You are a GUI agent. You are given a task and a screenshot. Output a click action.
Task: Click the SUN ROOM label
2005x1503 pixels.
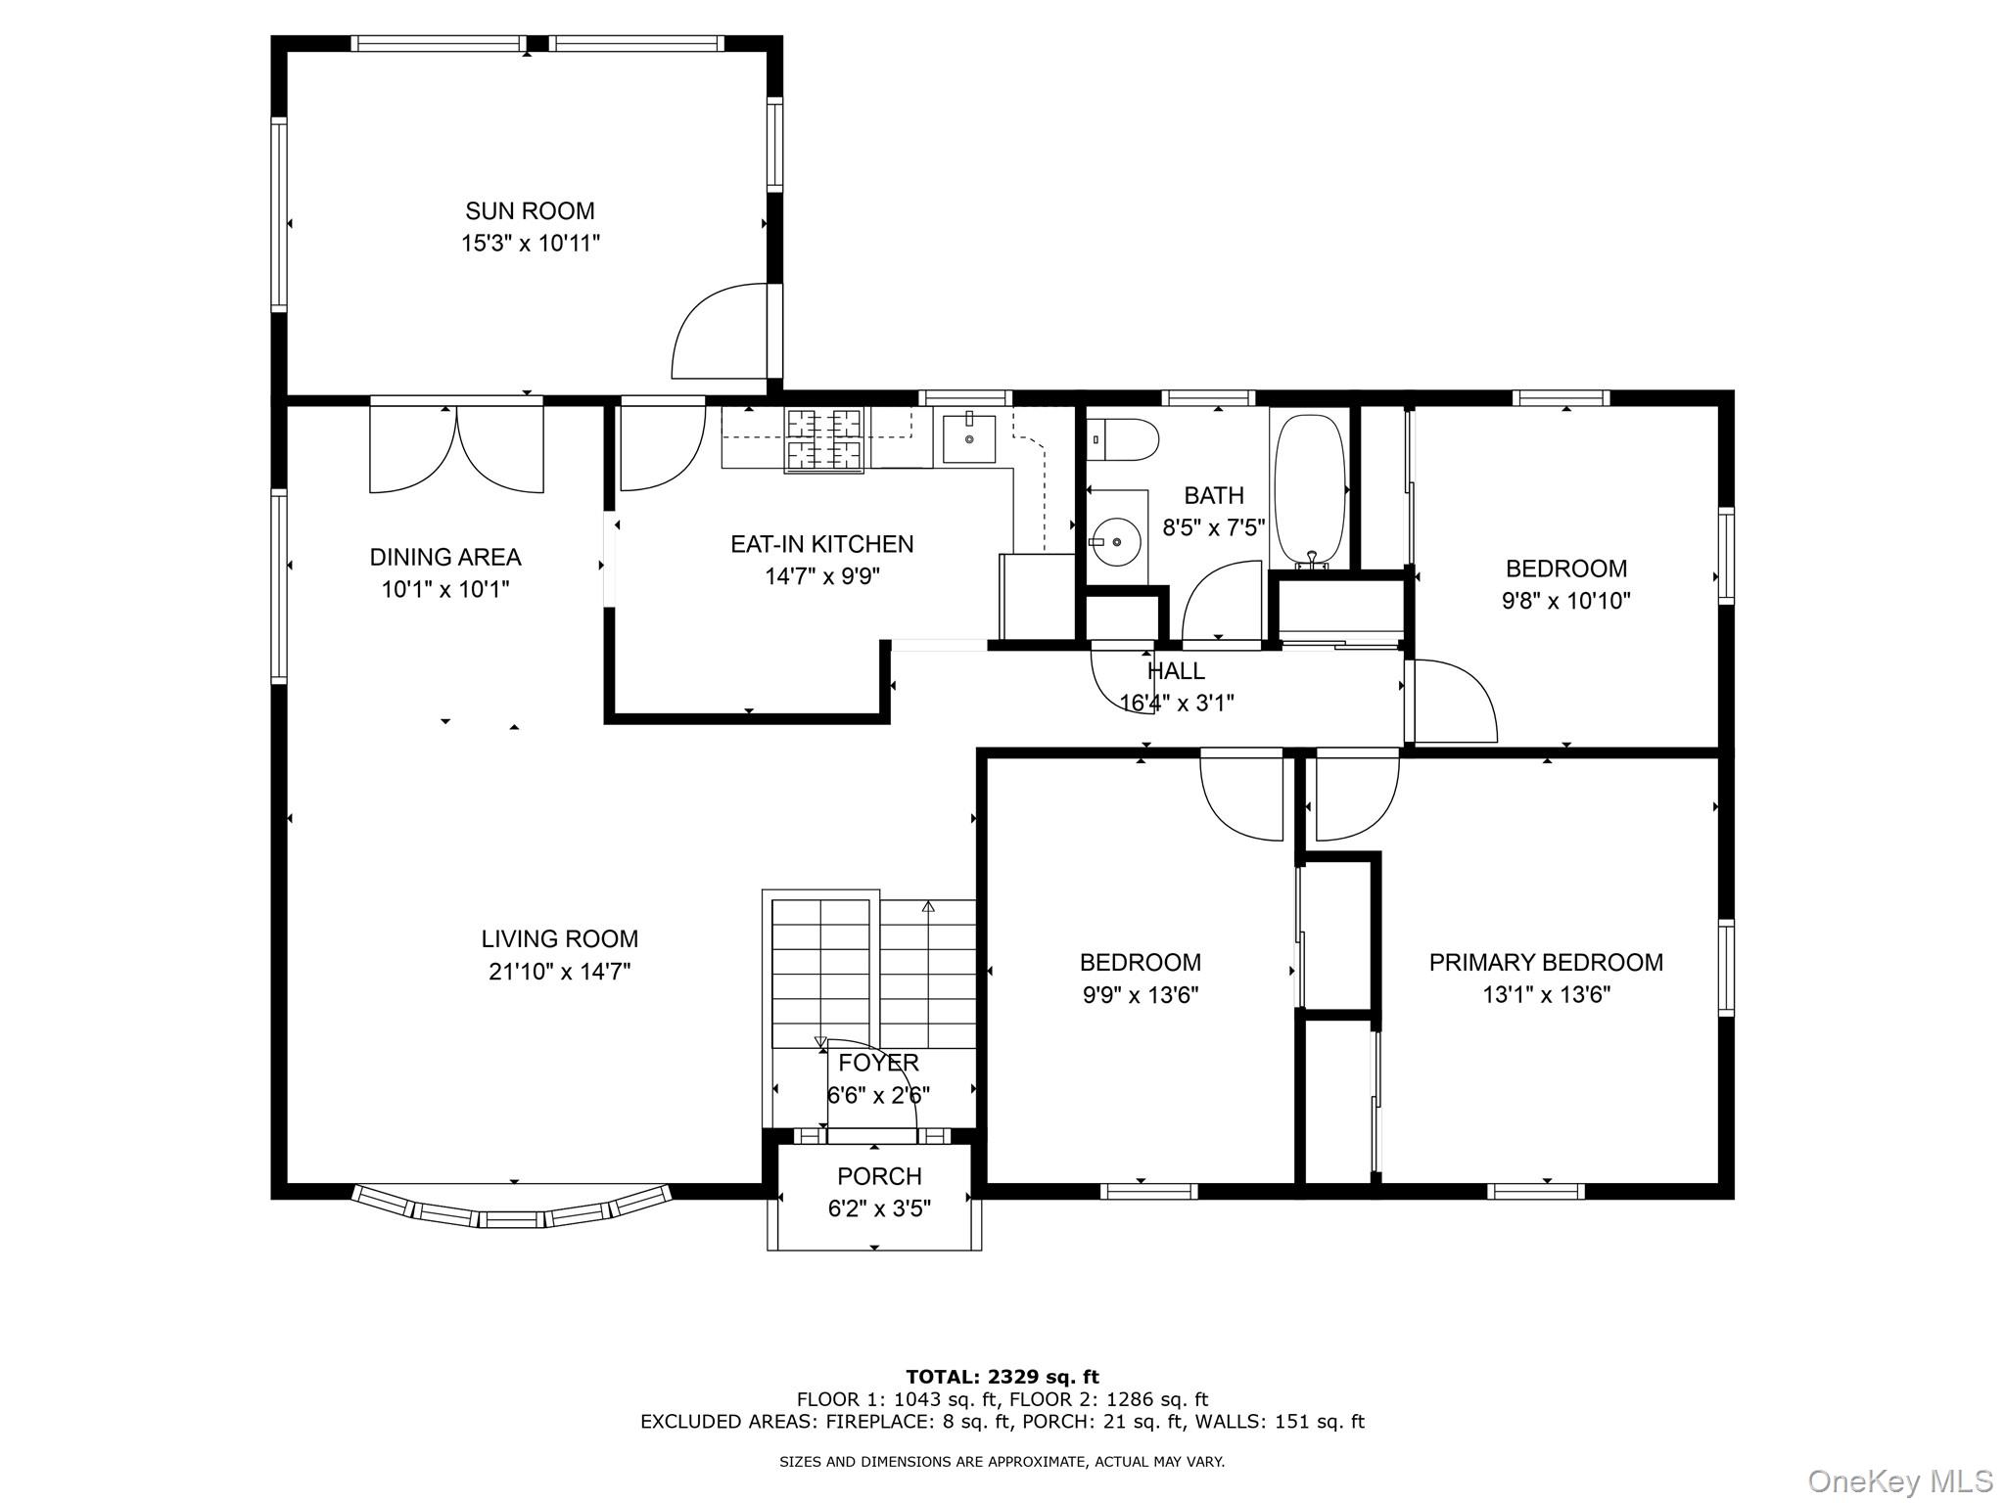point(530,210)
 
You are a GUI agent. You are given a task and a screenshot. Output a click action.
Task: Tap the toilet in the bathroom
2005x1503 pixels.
point(1124,438)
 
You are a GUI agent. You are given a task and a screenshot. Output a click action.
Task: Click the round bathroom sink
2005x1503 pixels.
point(1116,541)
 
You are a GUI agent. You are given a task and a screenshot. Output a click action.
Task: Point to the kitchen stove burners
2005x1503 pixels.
point(825,439)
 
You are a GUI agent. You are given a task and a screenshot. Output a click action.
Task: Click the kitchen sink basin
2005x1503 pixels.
point(969,438)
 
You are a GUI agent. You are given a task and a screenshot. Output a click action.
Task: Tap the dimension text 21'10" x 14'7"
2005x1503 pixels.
point(559,972)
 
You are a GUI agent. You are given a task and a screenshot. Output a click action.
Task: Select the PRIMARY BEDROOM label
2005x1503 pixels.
point(1546,962)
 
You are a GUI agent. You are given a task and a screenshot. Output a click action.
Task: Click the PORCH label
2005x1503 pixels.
point(878,1176)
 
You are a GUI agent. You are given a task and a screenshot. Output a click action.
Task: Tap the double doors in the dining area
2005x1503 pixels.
point(456,448)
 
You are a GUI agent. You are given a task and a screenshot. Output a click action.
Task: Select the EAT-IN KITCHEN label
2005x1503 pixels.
point(821,544)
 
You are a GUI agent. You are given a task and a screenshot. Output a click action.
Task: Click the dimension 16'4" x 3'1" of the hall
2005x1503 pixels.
point(1176,703)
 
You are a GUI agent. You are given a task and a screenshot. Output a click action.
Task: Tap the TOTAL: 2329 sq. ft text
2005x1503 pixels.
point(1002,1377)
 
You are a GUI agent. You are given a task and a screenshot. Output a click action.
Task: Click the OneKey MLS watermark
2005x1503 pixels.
point(1899,1480)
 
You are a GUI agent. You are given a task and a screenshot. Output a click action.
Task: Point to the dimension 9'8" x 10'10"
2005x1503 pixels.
point(1565,601)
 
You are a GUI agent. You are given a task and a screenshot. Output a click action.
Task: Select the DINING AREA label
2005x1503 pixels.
point(444,557)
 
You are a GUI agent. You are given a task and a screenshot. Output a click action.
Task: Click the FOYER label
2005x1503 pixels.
point(878,1063)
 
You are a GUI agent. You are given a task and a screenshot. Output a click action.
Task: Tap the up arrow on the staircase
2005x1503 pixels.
point(928,907)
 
